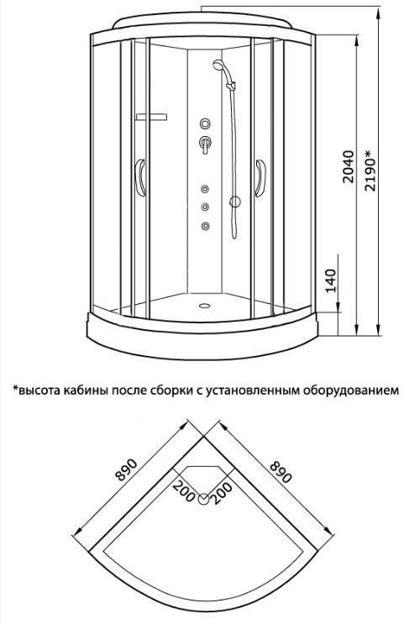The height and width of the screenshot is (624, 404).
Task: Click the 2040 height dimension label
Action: (x=348, y=166)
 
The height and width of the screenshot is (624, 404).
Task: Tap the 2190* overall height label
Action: (x=370, y=170)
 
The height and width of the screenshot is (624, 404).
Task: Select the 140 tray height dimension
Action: (x=331, y=281)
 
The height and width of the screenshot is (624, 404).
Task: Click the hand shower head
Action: (x=218, y=65)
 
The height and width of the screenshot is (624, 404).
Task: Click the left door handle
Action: (x=140, y=178)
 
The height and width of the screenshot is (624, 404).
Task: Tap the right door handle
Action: (x=260, y=178)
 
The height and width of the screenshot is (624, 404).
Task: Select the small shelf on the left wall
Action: (x=151, y=117)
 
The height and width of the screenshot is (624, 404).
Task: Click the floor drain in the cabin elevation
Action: (x=205, y=306)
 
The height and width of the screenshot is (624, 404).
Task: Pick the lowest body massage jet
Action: (x=206, y=226)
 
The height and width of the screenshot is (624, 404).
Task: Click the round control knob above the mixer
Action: (x=206, y=123)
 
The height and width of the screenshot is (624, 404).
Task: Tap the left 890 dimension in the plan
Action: (x=126, y=469)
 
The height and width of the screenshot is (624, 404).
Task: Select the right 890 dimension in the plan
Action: (x=281, y=472)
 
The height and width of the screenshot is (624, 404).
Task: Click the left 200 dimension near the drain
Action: (x=184, y=490)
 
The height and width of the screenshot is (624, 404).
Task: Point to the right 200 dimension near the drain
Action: (x=222, y=494)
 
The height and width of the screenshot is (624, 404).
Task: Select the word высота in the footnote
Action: (x=39, y=390)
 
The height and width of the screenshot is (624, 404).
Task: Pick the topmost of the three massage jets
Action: (x=206, y=189)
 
